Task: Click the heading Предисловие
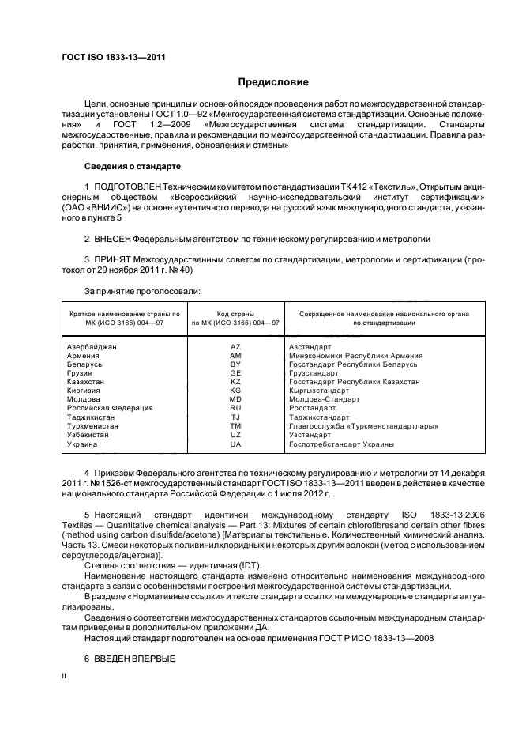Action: (273, 82)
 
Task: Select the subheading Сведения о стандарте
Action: (133, 168)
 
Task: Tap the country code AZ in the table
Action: (235, 347)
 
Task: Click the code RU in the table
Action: (235, 408)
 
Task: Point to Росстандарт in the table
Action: (314, 408)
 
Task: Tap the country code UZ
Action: (235, 435)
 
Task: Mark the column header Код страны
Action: (235, 314)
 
